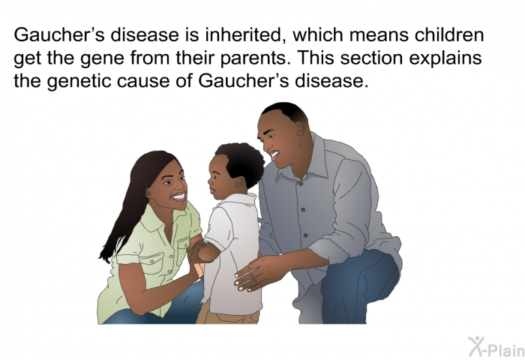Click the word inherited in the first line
pos(244,34)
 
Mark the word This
pos(316,58)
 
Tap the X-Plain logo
pos(496,347)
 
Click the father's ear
pos(300,127)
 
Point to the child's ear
pos(239,181)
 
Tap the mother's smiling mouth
pos(178,196)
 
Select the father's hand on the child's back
pos(258,272)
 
